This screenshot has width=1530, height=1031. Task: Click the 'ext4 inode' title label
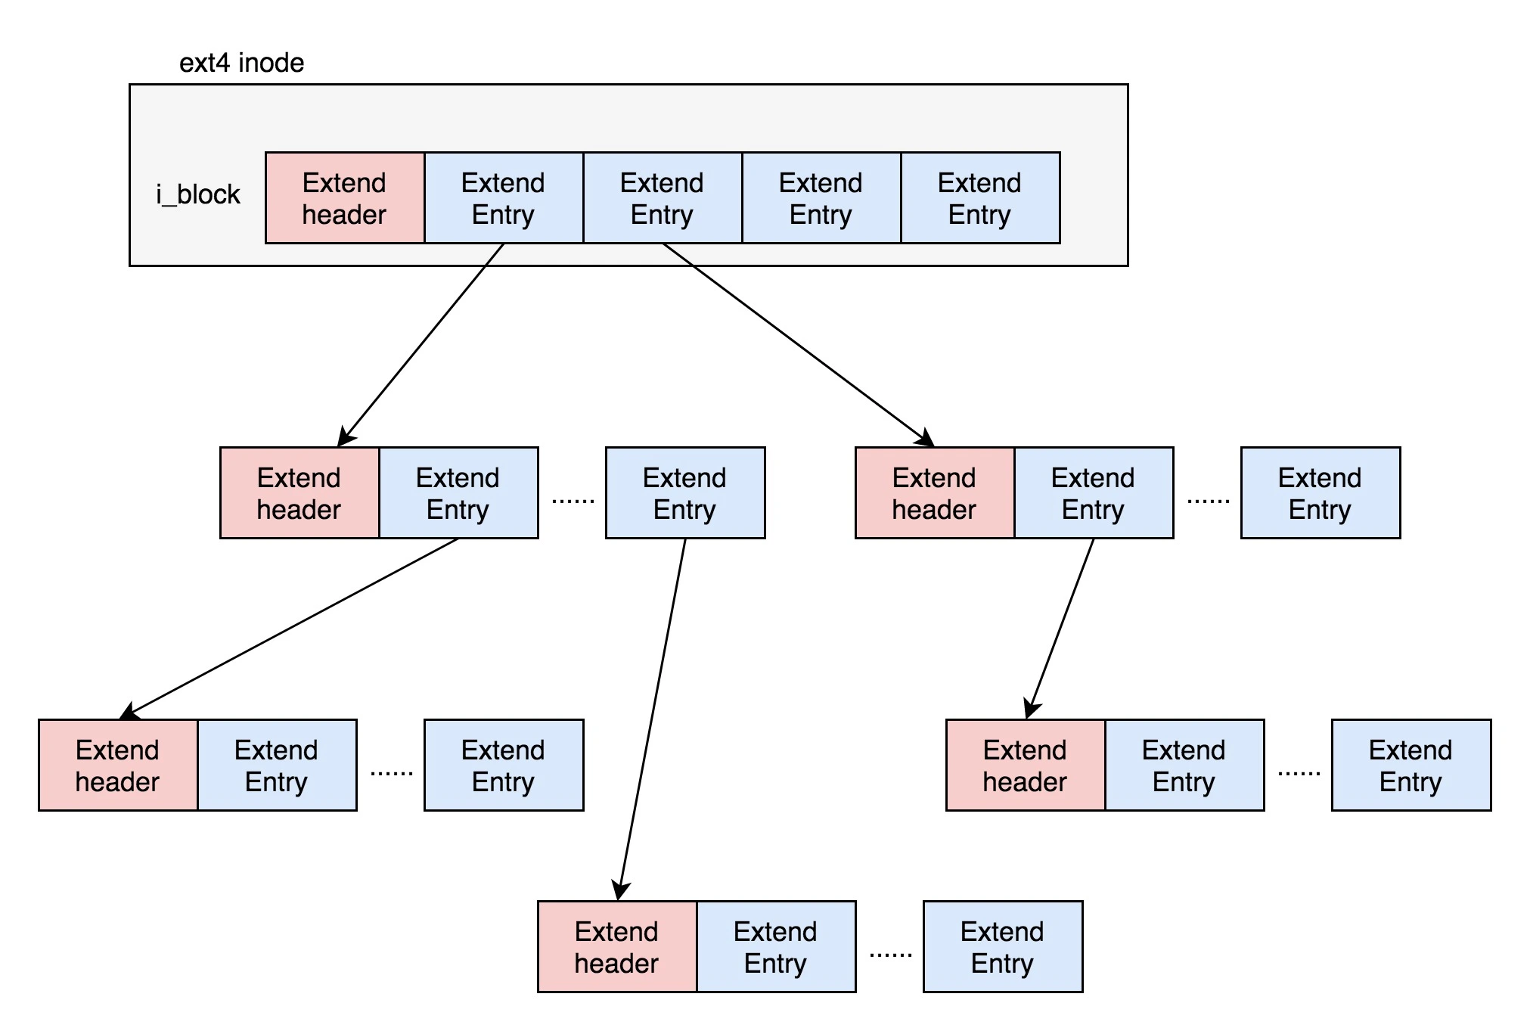(x=241, y=63)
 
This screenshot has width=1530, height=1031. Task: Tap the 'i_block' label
(x=198, y=195)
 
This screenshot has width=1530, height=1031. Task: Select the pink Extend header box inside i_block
(x=345, y=198)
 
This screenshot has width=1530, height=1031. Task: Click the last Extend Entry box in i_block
(x=980, y=198)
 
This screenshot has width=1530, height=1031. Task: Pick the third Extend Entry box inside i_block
(x=821, y=198)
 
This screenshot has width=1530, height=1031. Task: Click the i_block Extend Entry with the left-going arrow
(x=504, y=198)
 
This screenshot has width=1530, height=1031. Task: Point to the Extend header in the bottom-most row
(x=617, y=947)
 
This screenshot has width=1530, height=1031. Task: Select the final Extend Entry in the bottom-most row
(x=1003, y=947)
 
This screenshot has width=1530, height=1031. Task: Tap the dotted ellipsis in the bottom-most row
(x=890, y=955)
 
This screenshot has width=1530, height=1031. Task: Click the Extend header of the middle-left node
(x=299, y=493)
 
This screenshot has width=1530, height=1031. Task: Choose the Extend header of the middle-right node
(x=935, y=493)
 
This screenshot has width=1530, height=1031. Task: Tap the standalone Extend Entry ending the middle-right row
(x=1321, y=493)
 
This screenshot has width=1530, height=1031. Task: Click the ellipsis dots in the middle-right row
(x=1208, y=502)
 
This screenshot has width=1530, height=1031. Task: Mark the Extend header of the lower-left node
(x=118, y=765)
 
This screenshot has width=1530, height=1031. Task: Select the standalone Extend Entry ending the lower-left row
(x=504, y=765)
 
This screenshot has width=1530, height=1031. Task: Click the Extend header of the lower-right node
(x=1026, y=765)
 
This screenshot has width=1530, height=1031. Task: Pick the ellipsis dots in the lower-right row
(x=1299, y=774)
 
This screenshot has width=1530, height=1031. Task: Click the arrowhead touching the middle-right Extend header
(x=926, y=439)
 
